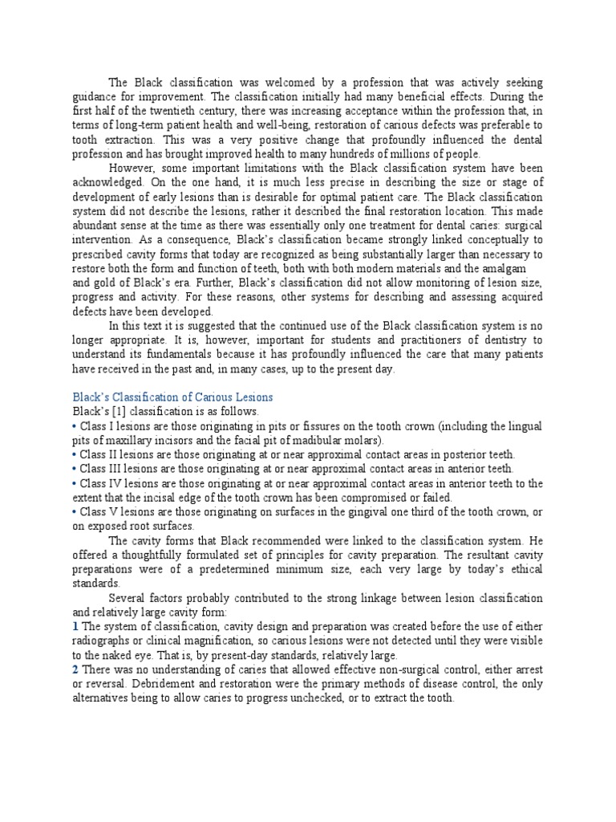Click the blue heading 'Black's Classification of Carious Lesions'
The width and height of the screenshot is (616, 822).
172,397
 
